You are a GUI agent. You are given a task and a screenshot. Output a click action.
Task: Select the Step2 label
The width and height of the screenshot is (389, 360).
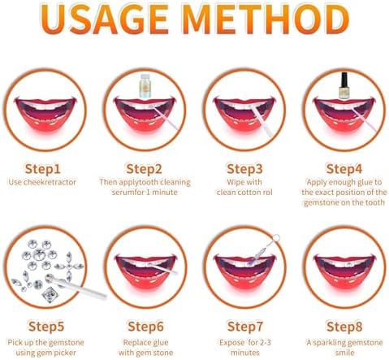point(145,168)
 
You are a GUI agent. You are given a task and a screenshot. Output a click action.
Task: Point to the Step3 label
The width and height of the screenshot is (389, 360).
point(243,168)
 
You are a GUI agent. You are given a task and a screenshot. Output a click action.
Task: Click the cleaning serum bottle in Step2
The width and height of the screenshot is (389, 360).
point(145,85)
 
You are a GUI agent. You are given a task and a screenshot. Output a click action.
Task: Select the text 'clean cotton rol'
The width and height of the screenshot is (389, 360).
point(243,193)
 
